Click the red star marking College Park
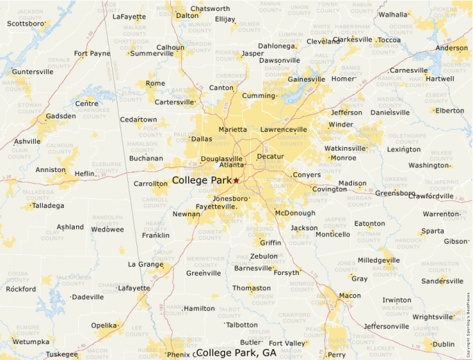236,180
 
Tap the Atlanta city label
232,164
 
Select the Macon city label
349,296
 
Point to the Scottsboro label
26,23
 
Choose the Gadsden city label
60,116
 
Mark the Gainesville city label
306,79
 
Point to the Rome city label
155,84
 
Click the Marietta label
232,129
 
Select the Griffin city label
270,243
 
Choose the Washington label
428,165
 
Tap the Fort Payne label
92,53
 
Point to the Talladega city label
47,205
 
